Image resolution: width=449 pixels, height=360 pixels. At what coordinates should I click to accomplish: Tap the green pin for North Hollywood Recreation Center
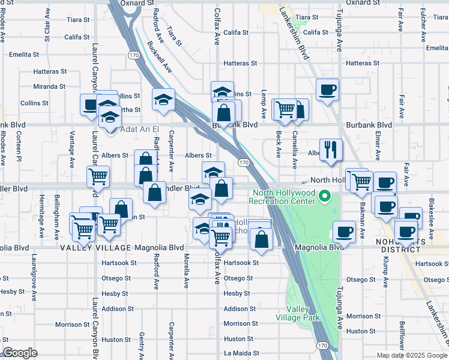[325, 196]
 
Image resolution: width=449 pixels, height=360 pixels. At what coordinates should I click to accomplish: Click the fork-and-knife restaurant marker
[330, 149]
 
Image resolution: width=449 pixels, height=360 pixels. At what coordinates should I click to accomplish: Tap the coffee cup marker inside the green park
[344, 231]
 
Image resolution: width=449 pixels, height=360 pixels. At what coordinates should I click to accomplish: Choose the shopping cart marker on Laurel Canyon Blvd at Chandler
[98, 176]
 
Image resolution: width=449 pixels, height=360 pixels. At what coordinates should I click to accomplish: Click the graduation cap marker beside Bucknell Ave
[163, 100]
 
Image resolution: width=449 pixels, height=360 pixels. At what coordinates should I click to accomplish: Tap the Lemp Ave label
[264, 104]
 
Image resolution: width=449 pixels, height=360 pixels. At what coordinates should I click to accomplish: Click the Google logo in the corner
[20, 353]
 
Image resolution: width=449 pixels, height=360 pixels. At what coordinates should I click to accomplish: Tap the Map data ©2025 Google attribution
[412, 355]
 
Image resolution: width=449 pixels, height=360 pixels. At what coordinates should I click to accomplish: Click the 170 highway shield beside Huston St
[322, 346]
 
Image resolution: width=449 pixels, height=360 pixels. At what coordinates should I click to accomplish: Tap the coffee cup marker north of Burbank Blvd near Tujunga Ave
[328, 90]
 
